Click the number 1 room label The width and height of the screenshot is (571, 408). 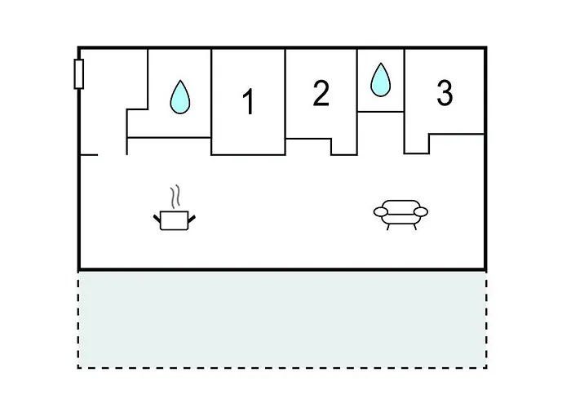point(249,101)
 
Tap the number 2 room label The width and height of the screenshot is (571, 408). point(321,93)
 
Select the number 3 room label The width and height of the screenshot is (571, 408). point(445,93)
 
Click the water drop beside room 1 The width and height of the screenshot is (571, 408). point(180,97)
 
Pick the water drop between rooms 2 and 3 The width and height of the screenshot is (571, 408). point(381,80)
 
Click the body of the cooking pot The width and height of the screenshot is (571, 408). point(174,221)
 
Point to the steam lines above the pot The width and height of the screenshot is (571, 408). point(175,197)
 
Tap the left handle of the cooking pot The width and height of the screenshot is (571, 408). point(157,219)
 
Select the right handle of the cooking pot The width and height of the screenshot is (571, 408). point(192,219)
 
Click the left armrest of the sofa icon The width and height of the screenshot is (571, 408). point(381,211)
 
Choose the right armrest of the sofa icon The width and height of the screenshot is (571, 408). point(421,211)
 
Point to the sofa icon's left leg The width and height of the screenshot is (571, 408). point(388,227)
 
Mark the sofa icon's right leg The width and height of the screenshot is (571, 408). point(414,227)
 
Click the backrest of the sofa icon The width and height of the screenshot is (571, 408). point(401,204)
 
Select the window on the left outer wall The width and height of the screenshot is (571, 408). point(78,74)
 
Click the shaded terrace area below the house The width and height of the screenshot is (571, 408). point(282,320)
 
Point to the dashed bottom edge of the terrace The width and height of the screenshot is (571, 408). point(282,367)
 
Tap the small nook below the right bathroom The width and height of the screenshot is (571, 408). point(381,133)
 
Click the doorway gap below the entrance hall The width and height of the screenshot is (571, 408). point(113,155)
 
